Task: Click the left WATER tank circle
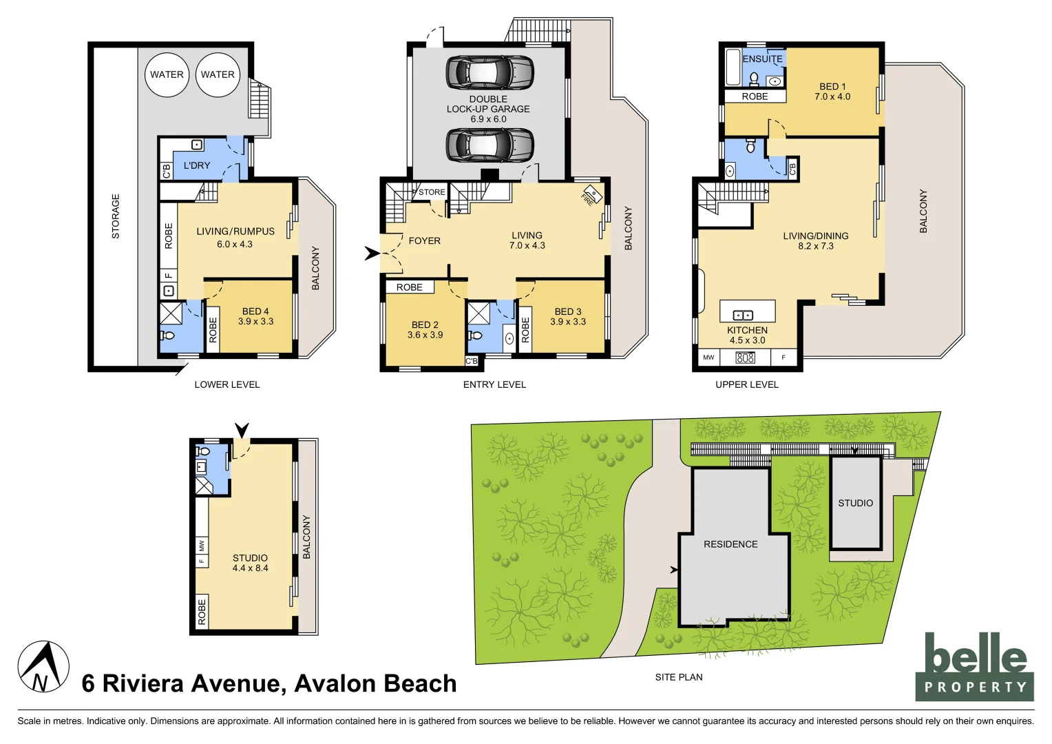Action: [x=167, y=74]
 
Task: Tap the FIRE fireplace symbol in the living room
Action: [x=591, y=195]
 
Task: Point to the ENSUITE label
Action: [x=762, y=59]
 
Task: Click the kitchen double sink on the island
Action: [x=743, y=315]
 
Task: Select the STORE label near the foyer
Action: [x=432, y=192]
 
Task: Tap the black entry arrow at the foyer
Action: [x=372, y=254]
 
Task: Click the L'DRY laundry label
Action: [x=197, y=165]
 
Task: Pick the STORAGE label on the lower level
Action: [x=116, y=216]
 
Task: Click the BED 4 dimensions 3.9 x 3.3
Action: [x=255, y=322]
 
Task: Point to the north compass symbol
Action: [x=43, y=667]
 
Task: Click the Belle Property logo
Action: [x=974, y=667]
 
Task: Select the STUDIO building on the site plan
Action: [x=856, y=503]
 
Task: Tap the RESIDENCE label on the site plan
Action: [x=730, y=544]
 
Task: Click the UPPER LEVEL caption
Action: [x=746, y=384]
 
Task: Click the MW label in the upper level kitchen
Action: [x=708, y=358]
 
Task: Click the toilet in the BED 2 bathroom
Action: [x=475, y=335]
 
